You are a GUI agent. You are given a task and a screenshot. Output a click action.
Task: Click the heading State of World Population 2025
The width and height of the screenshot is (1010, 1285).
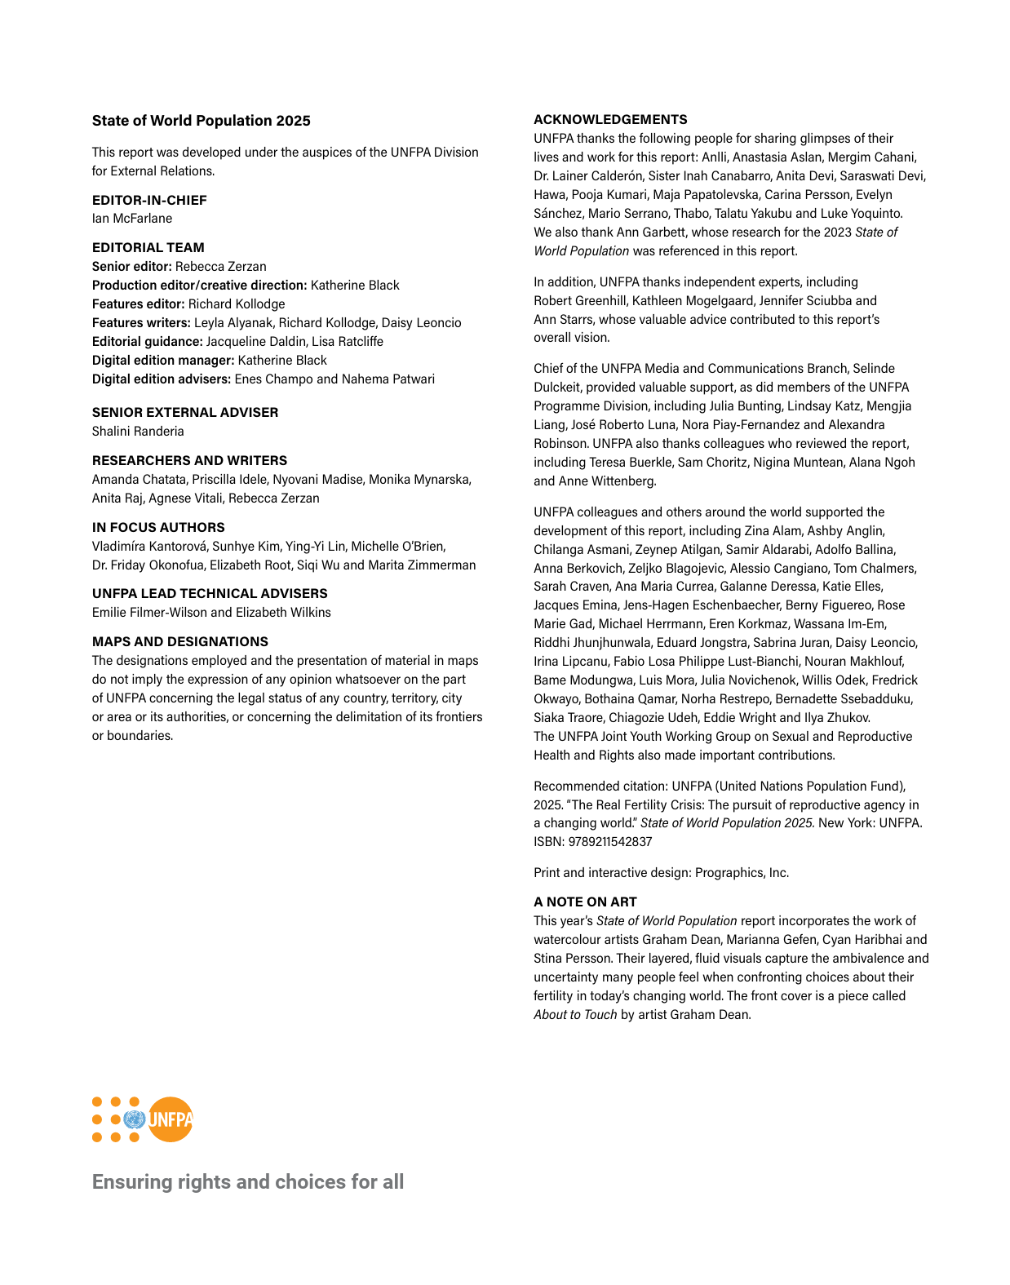[201, 121]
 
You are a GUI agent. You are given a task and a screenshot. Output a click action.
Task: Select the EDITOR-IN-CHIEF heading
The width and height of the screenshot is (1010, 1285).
[149, 200]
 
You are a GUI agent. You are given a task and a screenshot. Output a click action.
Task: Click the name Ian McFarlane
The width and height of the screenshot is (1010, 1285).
[132, 219]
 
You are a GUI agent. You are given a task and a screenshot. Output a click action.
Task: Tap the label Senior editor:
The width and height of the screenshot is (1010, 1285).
[132, 267]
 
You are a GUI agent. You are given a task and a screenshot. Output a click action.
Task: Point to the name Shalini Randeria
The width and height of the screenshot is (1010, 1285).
[138, 432]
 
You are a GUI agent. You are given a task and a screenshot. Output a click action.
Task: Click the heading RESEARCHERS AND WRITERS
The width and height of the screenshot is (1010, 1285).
[189, 460]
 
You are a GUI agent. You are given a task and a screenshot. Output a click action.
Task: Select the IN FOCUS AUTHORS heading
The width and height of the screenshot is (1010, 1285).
[158, 527]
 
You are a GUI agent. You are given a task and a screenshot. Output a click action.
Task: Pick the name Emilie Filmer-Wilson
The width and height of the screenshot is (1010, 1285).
[149, 613]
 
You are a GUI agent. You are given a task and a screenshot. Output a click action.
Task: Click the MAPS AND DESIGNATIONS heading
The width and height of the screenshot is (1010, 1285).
[179, 642]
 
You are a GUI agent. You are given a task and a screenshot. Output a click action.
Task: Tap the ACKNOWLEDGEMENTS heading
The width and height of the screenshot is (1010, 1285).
[610, 119]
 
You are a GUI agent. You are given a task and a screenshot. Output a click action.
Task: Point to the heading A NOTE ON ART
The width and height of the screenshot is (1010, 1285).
[585, 902]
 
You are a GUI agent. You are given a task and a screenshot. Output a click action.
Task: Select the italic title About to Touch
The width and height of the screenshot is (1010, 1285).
[575, 1015]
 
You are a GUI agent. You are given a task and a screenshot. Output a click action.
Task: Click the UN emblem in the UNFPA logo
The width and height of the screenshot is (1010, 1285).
[134, 1119]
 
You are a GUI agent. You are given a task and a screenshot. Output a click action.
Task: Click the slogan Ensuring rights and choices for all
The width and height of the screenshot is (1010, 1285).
[248, 1182]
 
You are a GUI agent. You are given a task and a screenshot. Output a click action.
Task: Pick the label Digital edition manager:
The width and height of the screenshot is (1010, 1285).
[163, 361]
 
